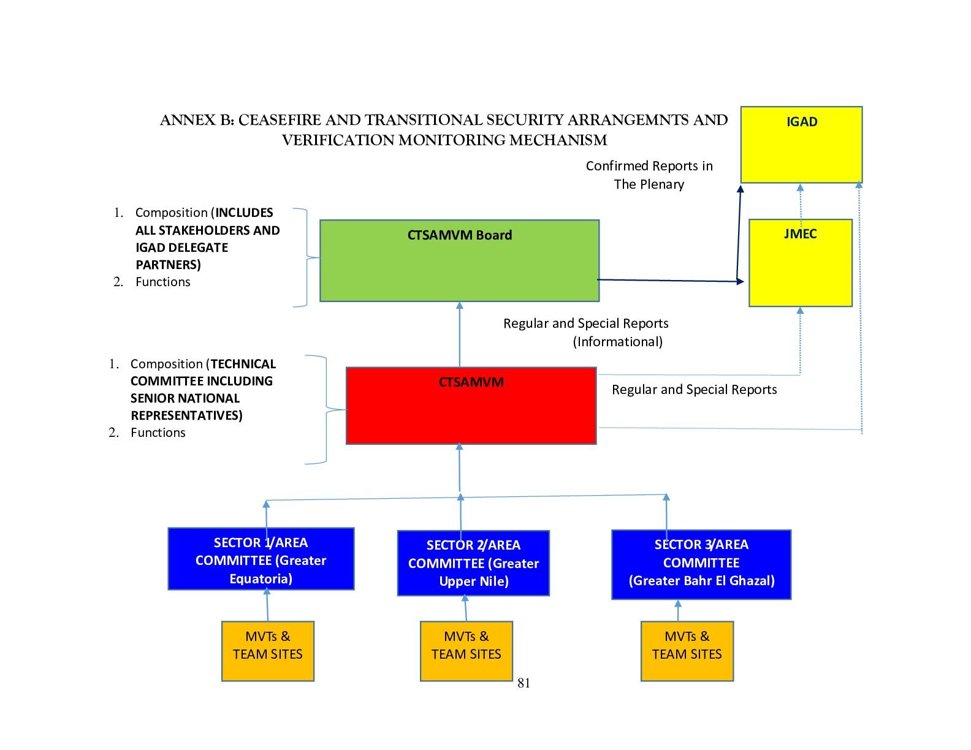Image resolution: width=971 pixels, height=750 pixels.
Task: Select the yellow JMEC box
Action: (x=800, y=263)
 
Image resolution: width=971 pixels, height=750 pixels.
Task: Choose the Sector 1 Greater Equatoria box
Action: (x=261, y=559)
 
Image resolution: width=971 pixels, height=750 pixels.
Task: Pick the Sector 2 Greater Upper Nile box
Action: (x=473, y=563)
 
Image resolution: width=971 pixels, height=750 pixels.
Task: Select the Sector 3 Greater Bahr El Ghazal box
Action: (x=701, y=564)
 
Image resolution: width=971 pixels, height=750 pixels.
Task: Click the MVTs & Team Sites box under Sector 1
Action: (x=268, y=651)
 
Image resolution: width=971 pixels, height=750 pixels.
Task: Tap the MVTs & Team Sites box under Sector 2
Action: (x=466, y=651)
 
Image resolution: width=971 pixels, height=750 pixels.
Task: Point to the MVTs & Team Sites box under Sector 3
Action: (x=687, y=651)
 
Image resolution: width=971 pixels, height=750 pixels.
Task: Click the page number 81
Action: (x=524, y=683)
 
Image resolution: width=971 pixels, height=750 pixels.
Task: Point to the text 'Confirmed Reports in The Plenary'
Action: (x=649, y=175)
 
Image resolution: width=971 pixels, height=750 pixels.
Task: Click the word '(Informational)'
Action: (x=617, y=341)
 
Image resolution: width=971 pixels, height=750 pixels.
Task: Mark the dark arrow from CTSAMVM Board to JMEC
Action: (x=668, y=281)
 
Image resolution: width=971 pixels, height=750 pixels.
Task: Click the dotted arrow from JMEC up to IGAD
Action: (x=800, y=200)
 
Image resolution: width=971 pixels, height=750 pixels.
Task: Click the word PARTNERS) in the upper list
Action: (x=168, y=265)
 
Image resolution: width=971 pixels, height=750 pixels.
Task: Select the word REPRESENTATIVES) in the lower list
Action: (x=186, y=415)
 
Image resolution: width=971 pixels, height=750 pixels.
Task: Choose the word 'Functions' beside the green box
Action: (x=162, y=282)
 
